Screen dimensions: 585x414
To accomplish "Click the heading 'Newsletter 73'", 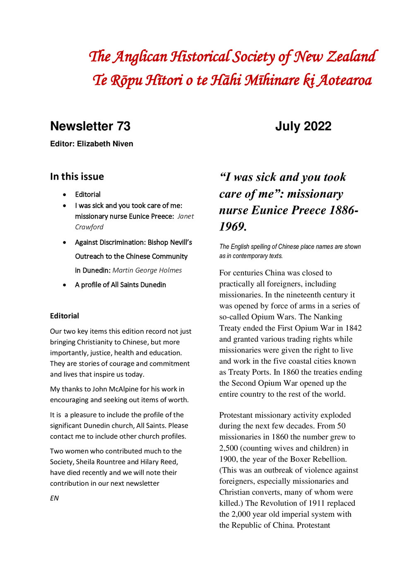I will [x=90, y=126].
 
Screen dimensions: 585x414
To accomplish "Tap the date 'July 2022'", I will [x=303, y=126].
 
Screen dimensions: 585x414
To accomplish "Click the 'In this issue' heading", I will [x=77, y=177].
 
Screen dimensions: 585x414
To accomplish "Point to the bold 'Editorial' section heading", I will [x=64, y=316].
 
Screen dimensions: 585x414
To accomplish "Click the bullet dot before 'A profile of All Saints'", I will [x=64, y=285].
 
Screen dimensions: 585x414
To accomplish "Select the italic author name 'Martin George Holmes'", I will [x=147, y=271].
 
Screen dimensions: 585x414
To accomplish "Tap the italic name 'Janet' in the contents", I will [x=185, y=216].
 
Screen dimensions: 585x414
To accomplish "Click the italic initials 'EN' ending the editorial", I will [x=54, y=499].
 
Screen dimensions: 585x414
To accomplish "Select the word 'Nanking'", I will [x=328, y=317].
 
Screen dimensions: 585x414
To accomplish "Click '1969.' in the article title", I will [x=233, y=227].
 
